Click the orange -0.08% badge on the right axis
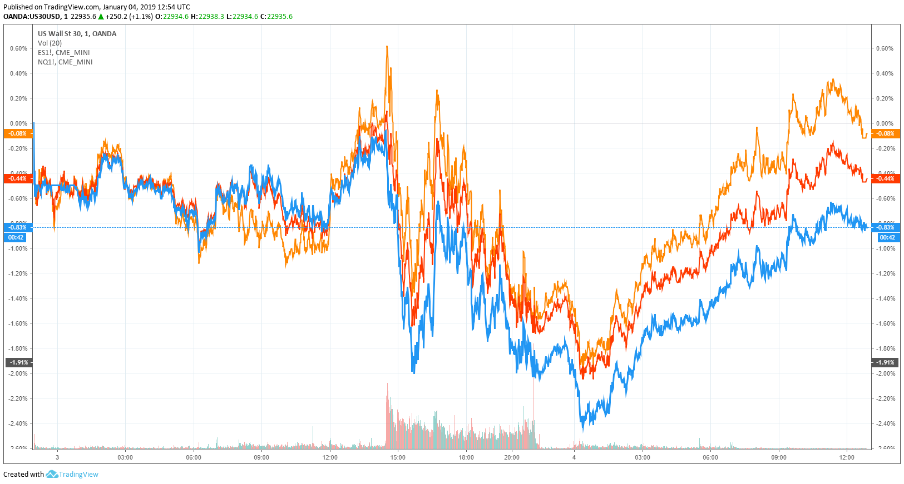[x=885, y=133]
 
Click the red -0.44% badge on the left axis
[x=17, y=178]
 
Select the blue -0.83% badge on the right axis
[x=885, y=227]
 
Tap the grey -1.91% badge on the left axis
[x=18, y=362]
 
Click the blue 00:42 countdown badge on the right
[x=887, y=237]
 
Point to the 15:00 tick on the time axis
[x=398, y=457]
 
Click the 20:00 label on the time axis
[x=512, y=457]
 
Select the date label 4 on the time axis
[x=574, y=457]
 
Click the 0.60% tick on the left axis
[x=18, y=48]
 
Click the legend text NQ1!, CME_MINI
[x=65, y=62]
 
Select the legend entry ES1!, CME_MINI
[x=63, y=53]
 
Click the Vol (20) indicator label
[x=50, y=43]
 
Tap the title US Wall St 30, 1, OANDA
[x=77, y=34]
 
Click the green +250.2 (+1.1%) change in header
[x=129, y=17]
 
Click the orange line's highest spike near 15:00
[x=387, y=47]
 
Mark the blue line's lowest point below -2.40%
[x=582, y=429]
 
